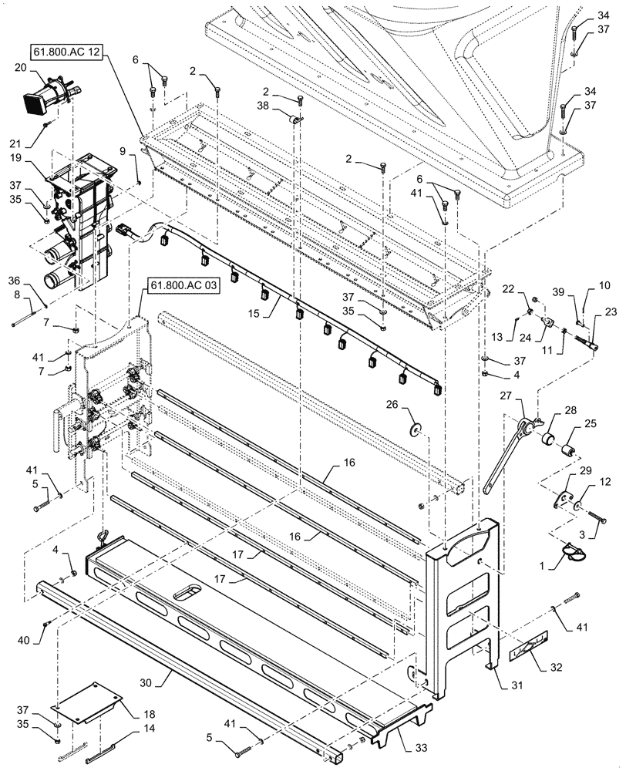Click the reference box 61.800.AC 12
(x=69, y=51)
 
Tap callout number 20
(x=19, y=67)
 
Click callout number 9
(x=121, y=151)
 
